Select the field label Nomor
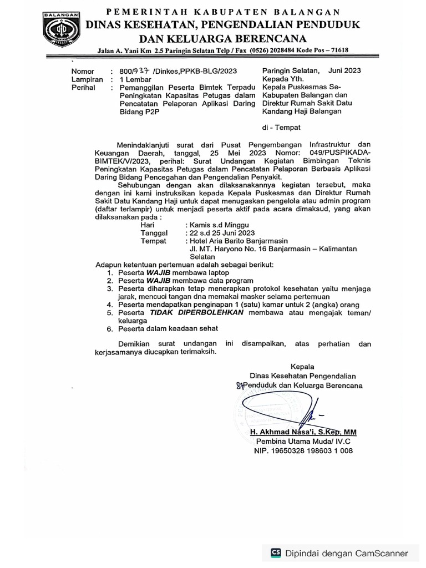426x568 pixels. coord(82,72)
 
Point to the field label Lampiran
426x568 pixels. coord(87,79)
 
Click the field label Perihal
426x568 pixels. coord(84,88)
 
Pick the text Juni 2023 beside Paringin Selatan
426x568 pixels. coord(344,70)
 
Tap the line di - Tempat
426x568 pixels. coord(281,127)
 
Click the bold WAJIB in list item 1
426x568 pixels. coord(158,273)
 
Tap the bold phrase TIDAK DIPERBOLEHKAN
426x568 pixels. coord(190,313)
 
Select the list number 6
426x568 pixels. coord(110,328)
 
